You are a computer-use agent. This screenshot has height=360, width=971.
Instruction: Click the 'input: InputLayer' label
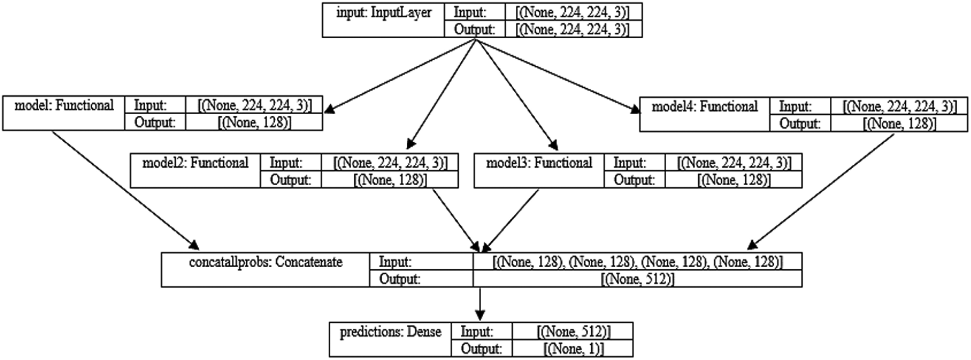point(383,13)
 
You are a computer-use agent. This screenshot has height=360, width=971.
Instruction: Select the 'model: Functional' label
point(64,106)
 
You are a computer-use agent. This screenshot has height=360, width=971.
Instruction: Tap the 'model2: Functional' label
point(195,163)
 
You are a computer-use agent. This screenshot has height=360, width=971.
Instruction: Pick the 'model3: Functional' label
point(539,163)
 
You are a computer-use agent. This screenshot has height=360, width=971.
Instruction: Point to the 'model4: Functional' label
point(704,107)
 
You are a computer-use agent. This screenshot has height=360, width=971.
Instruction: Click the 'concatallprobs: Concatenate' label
point(265,262)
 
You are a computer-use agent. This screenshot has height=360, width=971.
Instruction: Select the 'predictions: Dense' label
point(390,332)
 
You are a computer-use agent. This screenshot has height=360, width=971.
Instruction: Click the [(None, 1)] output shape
point(573,349)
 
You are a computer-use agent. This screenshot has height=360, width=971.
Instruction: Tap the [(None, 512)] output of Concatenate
point(637,279)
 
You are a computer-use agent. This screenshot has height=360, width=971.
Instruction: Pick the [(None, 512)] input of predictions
point(573,332)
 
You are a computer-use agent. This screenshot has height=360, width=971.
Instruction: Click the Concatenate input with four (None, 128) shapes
point(637,262)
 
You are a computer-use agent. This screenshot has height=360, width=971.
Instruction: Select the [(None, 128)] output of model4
point(899,123)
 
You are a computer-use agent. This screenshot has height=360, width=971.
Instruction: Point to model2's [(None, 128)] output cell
point(390,179)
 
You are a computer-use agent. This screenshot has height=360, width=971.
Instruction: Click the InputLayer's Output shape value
point(573,30)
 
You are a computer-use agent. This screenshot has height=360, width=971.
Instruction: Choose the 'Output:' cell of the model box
point(155,122)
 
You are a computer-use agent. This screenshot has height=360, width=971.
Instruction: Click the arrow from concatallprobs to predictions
point(479,304)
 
